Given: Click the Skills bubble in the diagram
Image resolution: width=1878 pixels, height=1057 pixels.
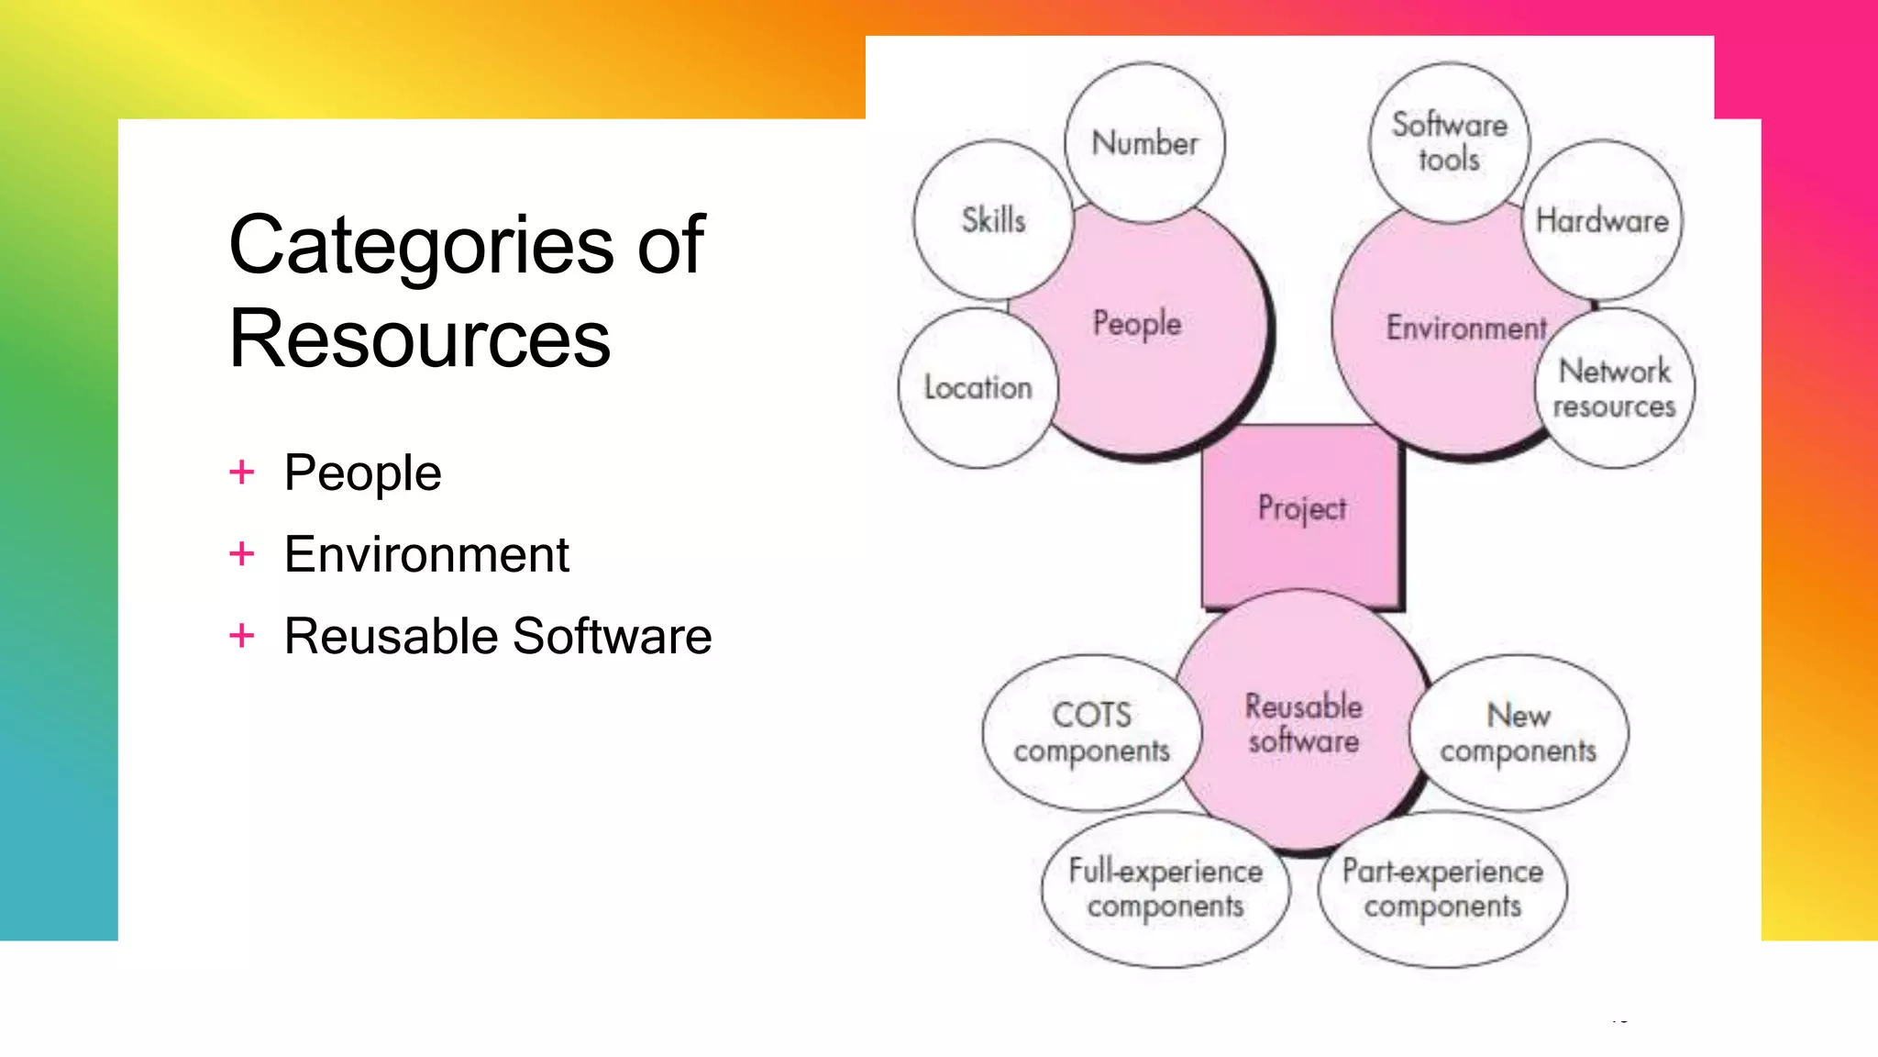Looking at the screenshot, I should [993, 220].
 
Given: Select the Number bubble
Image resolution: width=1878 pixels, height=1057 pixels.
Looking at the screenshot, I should [1144, 143].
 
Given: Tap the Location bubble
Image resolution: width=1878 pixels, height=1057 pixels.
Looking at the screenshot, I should [978, 388].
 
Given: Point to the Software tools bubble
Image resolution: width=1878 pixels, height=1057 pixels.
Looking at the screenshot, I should [1449, 142].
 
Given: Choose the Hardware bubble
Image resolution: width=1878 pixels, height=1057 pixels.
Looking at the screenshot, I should [1602, 220].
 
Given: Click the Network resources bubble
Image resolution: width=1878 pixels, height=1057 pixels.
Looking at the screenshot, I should [1614, 388].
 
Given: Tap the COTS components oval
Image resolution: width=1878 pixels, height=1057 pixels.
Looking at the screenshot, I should [1091, 732].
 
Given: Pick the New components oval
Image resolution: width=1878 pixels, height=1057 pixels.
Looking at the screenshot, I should [1519, 732].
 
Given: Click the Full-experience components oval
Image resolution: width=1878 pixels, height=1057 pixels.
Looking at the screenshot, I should [1165, 888].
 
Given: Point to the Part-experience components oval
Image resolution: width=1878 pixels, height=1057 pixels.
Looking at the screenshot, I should [1442, 888].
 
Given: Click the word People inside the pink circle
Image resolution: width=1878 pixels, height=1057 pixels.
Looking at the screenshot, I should [1137, 324].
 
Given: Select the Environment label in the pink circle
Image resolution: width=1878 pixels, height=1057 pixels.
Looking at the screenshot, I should [1465, 328].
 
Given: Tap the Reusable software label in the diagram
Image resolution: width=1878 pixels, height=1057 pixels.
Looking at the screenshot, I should [1303, 723].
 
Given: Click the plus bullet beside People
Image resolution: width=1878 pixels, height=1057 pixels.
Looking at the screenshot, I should [242, 473].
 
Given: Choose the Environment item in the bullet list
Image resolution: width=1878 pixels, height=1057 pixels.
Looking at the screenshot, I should [426, 554].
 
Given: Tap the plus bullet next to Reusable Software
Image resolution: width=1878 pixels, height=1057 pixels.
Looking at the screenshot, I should [242, 635].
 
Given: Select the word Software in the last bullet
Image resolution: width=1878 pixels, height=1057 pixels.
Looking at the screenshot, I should [612, 636].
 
